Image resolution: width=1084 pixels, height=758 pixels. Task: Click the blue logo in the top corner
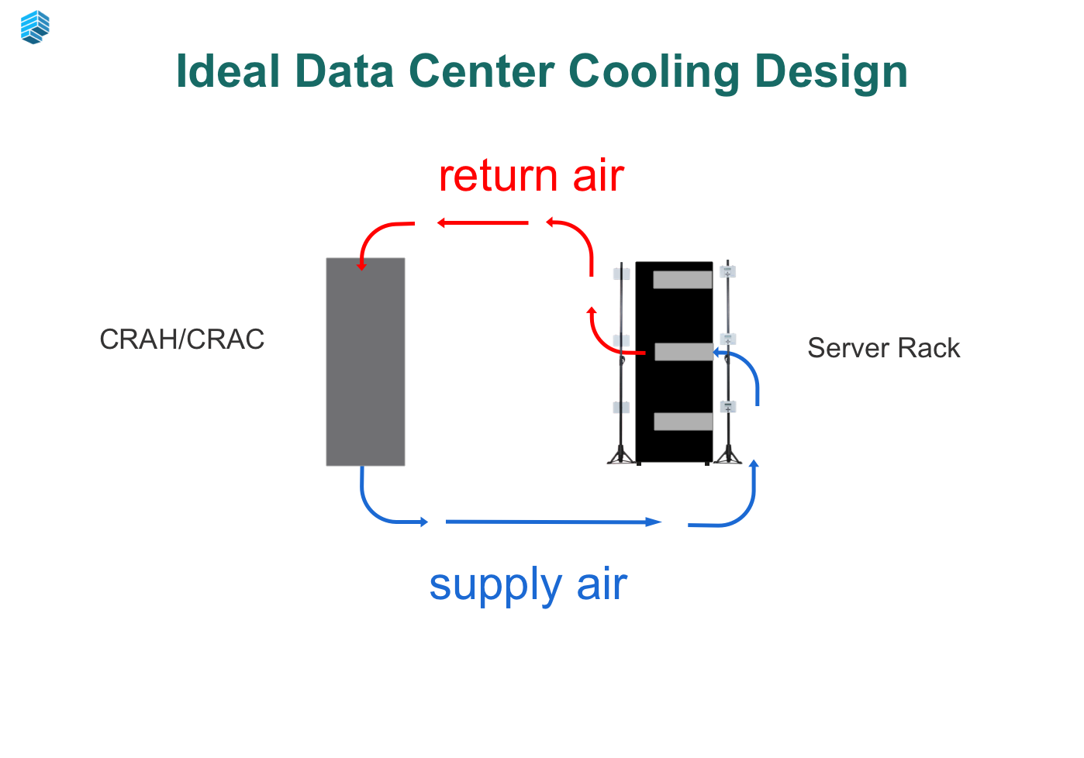[x=35, y=27]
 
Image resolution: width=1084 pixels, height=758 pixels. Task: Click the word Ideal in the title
[x=227, y=71]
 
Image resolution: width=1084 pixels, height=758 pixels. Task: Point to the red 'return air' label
[x=531, y=175]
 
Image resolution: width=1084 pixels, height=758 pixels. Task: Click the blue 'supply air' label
[x=528, y=584]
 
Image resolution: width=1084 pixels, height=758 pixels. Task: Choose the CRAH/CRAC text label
[x=182, y=339]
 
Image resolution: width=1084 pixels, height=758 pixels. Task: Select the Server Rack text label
[x=883, y=348]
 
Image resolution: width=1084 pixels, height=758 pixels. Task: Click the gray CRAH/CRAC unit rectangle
[x=365, y=361]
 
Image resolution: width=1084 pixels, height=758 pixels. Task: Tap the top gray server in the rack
[x=682, y=280]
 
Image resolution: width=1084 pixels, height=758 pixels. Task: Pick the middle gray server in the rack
[x=683, y=352]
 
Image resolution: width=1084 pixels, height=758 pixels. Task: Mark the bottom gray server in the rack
[x=682, y=422]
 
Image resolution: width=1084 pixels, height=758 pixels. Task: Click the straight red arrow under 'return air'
[x=482, y=223]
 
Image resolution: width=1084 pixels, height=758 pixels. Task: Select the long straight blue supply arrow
[x=553, y=522]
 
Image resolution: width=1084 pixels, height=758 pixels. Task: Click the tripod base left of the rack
[x=621, y=455]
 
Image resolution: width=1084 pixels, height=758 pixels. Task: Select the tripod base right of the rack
[x=727, y=455]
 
